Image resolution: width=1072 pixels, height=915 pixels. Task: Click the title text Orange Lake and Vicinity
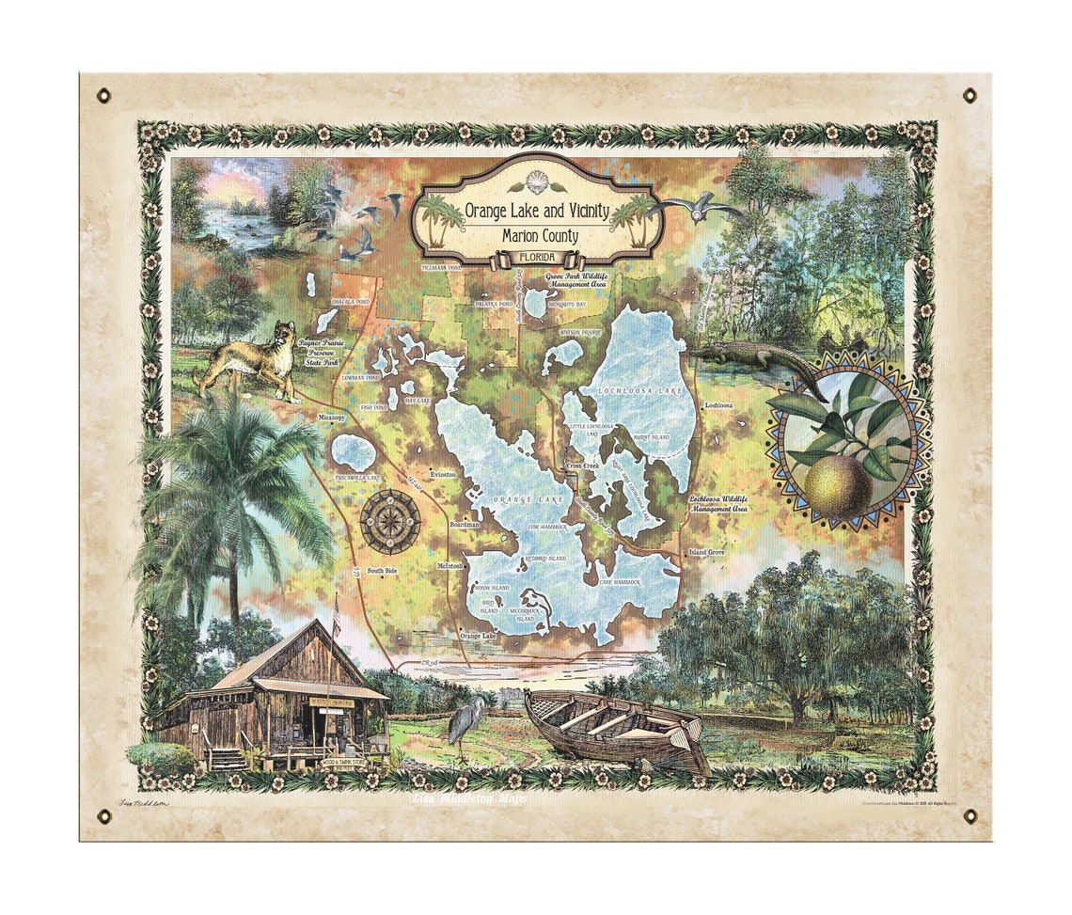coord(538,210)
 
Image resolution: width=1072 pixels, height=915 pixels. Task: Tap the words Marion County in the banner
coord(538,236)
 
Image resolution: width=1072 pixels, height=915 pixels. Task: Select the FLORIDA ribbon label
coord(538,258)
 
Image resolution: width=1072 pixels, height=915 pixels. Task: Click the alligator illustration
coord(752,359)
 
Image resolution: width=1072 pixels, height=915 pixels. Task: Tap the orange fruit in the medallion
coord(837,484)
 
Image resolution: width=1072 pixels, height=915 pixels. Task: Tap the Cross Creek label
coord(582,465)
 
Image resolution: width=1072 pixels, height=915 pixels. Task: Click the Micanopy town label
coord(332,418)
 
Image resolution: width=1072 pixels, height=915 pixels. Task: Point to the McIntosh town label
coord(449,567)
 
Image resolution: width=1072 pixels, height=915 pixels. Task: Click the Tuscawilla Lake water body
coord(354,454)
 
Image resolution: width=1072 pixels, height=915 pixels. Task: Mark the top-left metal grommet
coord(103,95)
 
